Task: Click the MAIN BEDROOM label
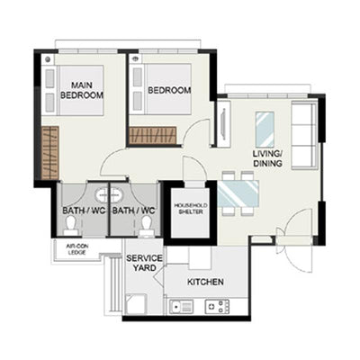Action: [x=82, y=90]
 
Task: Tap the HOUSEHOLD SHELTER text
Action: [x=191, y=209]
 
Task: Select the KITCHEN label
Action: [x=205, y=282]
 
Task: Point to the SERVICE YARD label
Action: [x=144, y=263]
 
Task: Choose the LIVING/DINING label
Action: [x=267, y=158]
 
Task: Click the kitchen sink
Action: [x=182, y=307]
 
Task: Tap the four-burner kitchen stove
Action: [x=217, y=307]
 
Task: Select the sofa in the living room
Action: [x=304, y=135]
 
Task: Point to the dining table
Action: [x=238, y=193]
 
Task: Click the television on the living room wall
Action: [x=223, y=123]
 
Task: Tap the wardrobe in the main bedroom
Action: [x=50, y=153]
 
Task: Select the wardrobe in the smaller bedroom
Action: [x=152, y=135]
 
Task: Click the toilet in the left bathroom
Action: [x=71, y=226]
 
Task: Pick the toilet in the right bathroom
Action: [x=147, y=227]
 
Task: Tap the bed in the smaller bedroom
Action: [x=160, y=89]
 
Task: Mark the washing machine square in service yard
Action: [x=136, y=304]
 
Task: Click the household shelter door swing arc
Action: [x=199, y=165]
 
